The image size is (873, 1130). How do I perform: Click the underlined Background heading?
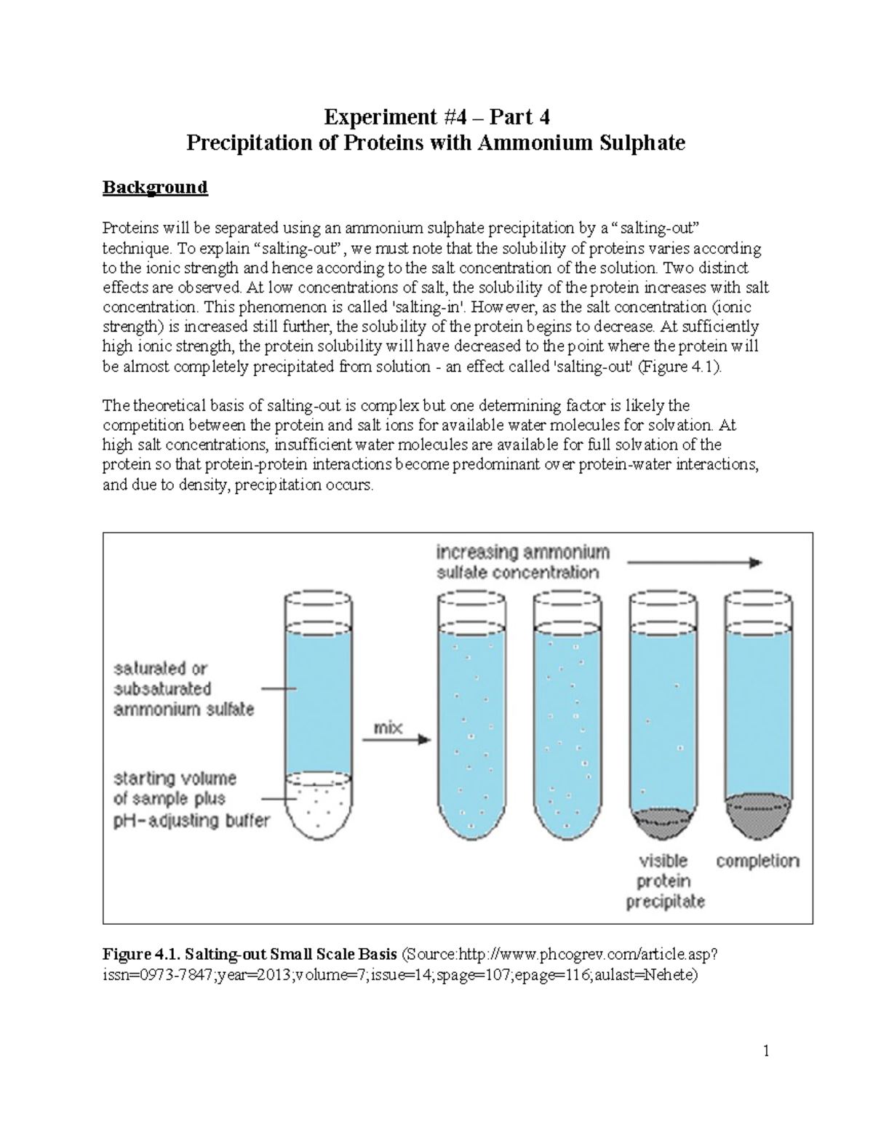155,188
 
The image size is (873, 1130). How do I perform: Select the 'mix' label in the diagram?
388,728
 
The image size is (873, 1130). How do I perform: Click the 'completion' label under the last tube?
757,862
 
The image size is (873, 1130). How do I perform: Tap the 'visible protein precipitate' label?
665,881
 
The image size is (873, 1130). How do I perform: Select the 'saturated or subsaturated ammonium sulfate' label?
184,688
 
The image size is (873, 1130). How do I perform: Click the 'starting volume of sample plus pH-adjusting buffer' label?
191,800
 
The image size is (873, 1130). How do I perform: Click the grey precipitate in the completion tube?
758,810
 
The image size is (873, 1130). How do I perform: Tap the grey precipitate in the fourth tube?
661,820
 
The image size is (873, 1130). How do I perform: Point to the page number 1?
765,1051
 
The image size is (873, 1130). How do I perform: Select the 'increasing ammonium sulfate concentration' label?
522,562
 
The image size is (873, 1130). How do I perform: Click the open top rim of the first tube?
319,599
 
